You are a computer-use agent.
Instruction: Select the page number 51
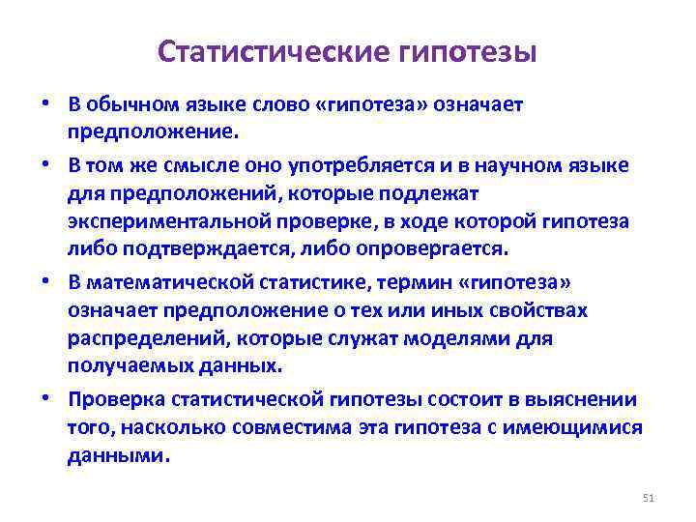tap(649, 498)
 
